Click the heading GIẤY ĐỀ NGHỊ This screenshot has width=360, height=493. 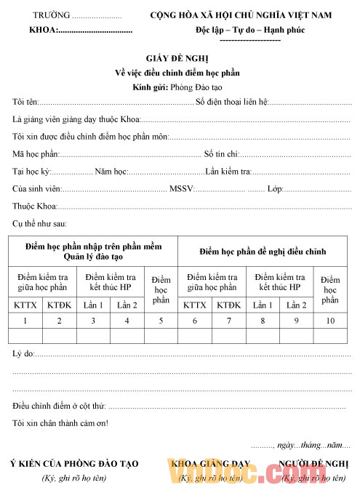(x=177, y=57)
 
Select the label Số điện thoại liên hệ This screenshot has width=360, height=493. (x=232, y=102)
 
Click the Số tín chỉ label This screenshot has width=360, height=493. (x=222, y=154)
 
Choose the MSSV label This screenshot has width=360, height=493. (x=181, y=189)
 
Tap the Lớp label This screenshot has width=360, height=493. (x=275, y=189)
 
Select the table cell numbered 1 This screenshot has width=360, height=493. (x=25, y=320)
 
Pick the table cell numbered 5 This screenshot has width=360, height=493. (x=161, y=320)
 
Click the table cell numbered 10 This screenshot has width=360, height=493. (x=330, y=320)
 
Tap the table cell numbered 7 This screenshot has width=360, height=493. (x=228, y=320)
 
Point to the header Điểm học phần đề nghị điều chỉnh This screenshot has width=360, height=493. (x=263, y=252)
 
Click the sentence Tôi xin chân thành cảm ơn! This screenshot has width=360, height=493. (x=60, y=423)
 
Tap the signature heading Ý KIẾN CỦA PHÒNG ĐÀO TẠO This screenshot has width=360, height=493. (x=73, y=464)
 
